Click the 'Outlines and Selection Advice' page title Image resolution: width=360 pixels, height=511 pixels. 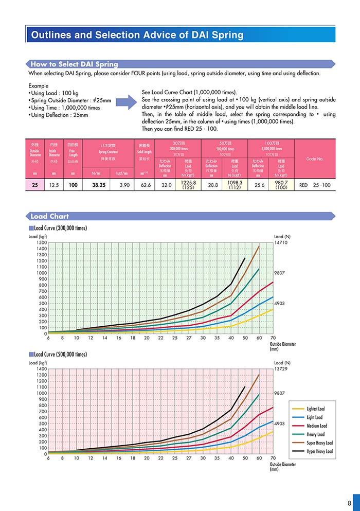137,35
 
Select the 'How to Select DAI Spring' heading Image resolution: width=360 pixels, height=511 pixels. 74,64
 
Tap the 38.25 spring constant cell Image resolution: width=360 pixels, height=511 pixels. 99,185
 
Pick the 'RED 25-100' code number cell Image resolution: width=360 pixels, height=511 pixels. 314,185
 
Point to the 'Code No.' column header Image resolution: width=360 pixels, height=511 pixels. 314,158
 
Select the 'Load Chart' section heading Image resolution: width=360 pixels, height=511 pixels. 49,216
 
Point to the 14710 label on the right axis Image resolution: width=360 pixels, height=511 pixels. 282,242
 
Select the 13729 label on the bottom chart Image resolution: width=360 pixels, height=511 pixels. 282,369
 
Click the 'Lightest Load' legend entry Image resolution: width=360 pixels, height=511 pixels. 314,409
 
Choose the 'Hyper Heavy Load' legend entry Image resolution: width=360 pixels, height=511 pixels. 319,451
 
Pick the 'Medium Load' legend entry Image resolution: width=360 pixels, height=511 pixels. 316,426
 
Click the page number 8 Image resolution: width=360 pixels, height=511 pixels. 349,503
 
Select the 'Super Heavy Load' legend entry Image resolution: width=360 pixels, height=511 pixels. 319,443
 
